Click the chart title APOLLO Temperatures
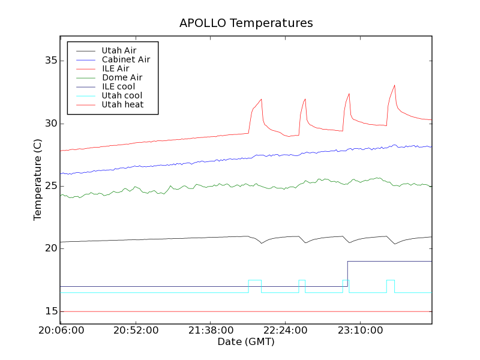[x=246, y=23]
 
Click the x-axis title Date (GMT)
[x=246, y=342]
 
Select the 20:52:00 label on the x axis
[x=136, y=331]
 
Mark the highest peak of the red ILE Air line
[x=394, y=85]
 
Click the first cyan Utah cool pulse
[x=254, y=280]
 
